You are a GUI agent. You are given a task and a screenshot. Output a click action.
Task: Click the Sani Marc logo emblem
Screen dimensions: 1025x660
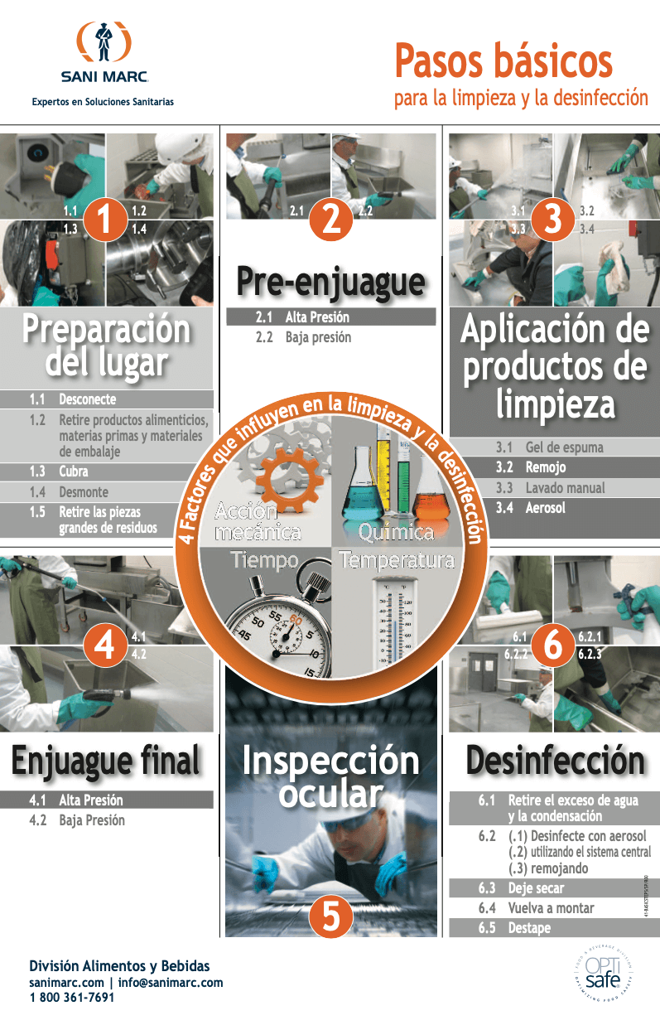pos(104,43)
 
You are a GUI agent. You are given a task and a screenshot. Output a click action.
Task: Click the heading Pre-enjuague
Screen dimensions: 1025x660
pos(330,283)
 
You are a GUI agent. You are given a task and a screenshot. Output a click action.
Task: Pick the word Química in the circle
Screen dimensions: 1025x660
pos(396,532)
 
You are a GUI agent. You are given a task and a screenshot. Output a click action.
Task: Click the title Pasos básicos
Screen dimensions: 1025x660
pos(503,61)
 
